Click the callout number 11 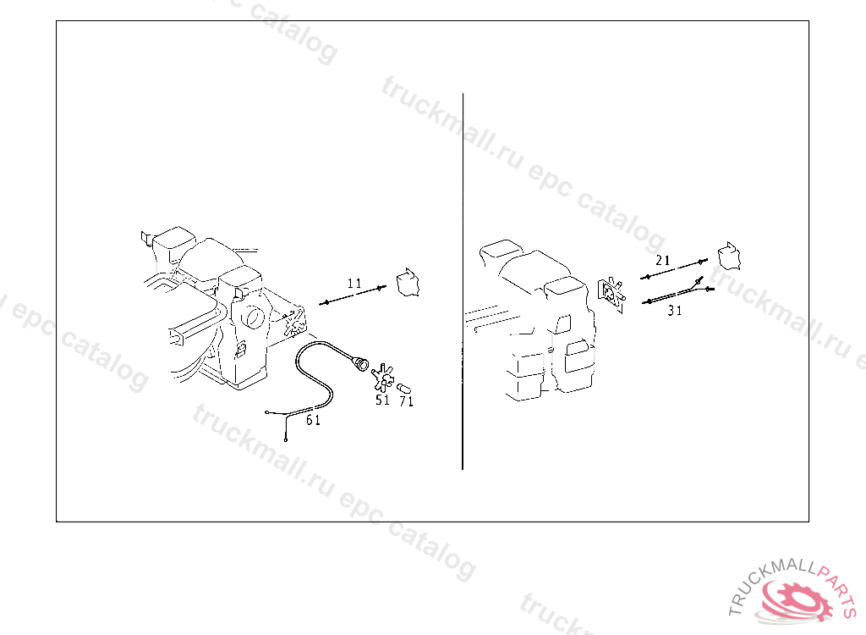354,284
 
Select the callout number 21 663,260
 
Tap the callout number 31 674,311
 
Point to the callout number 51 382,400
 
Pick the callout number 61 313,421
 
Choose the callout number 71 406,401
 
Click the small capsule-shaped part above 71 403,388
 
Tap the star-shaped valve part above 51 382,378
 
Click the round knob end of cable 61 360,364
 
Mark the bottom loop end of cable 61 286,439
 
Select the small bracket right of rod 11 408,283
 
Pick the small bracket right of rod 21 729,257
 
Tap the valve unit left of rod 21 611,294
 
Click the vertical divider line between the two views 463,282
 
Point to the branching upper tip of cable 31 700,279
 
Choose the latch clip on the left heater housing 240,351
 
